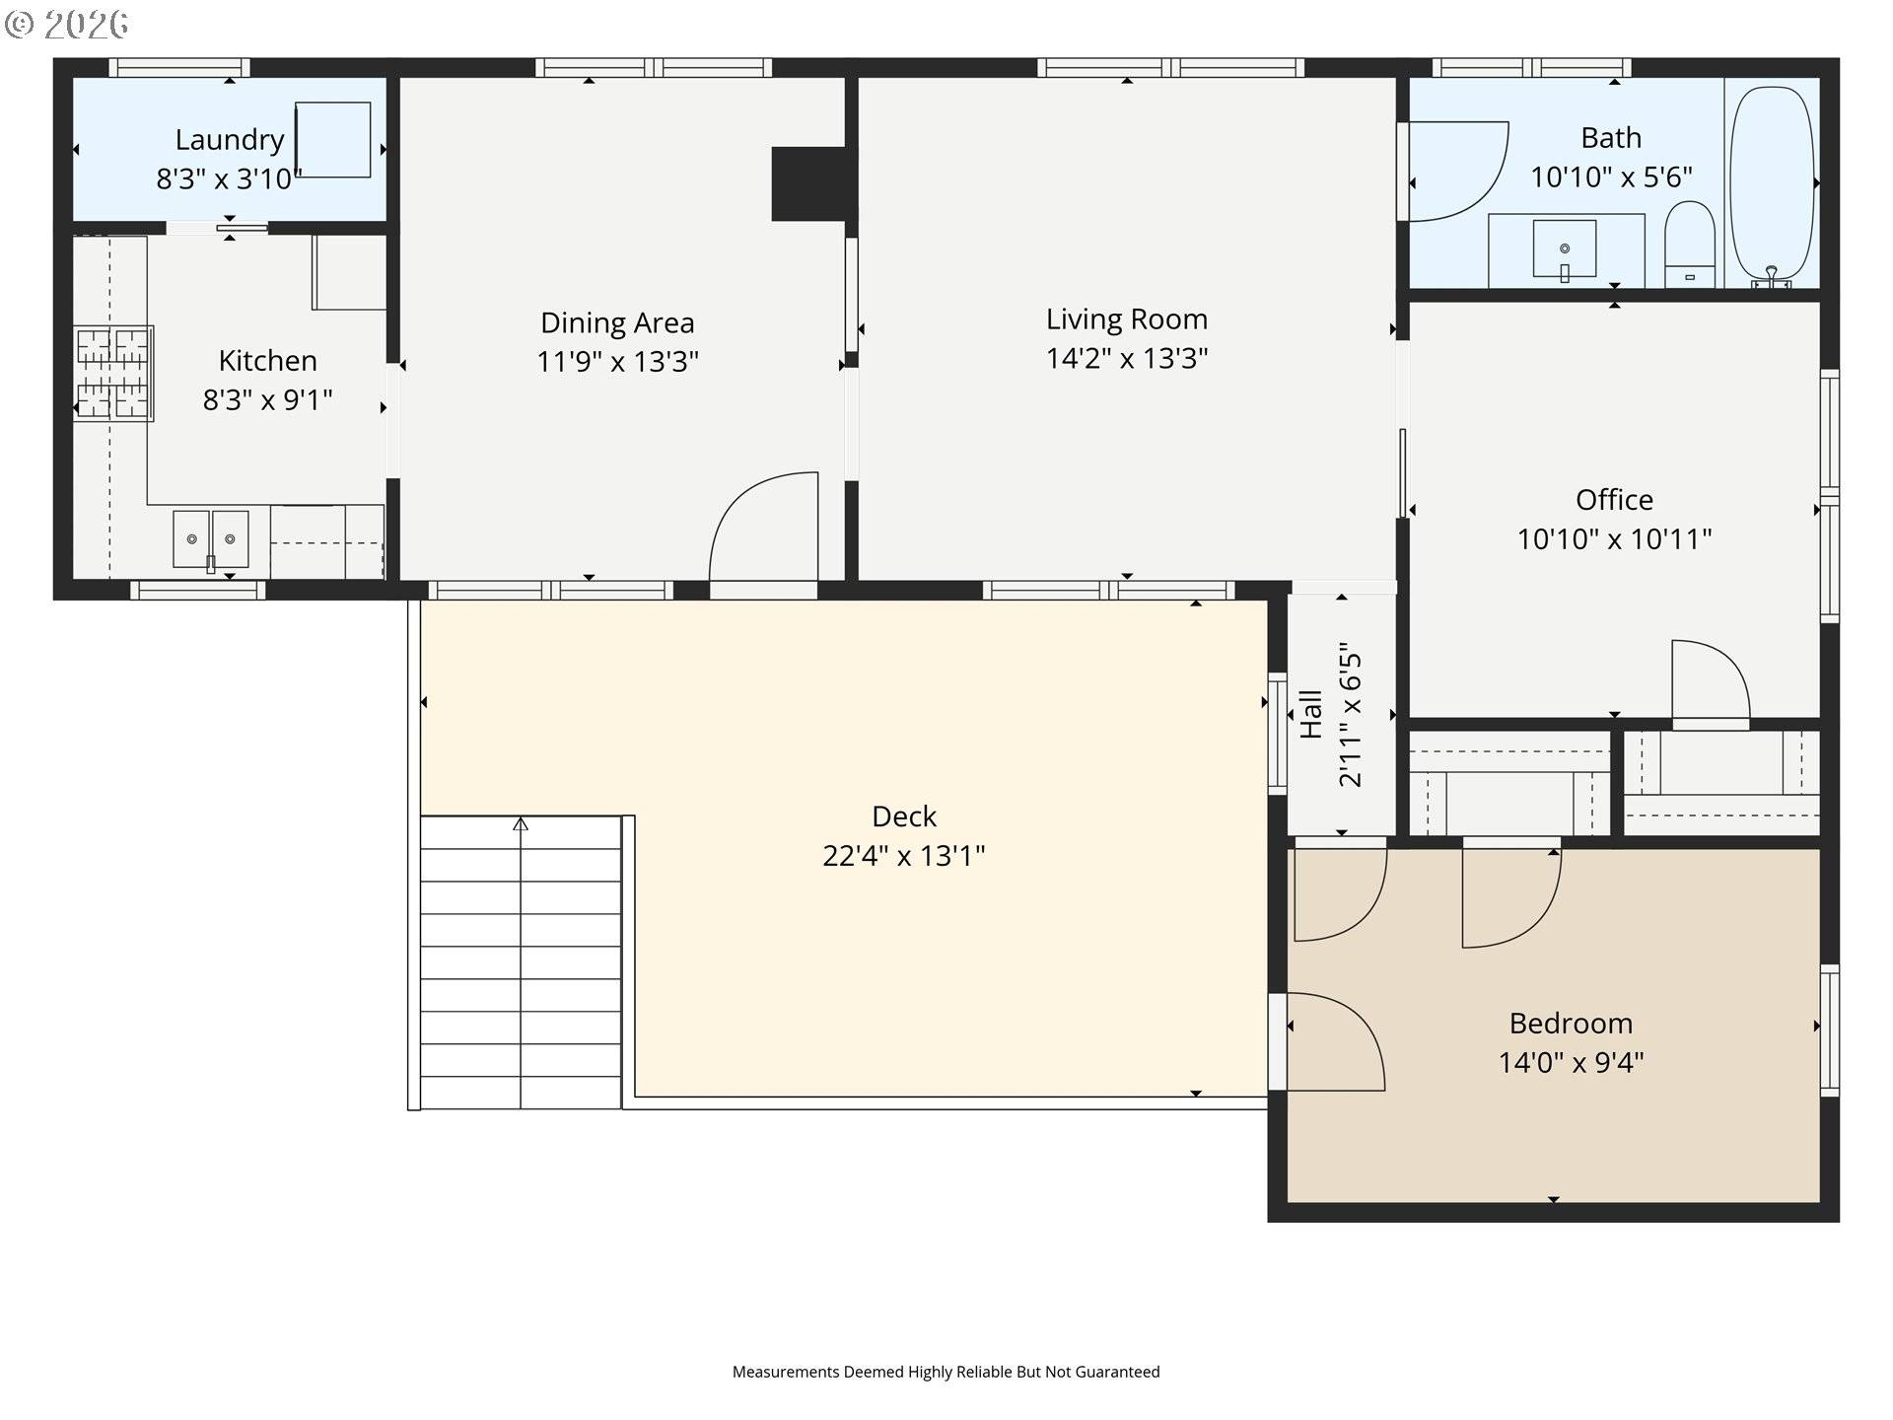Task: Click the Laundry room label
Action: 230,140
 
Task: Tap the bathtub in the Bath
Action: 1773,185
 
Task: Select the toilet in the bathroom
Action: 1689,245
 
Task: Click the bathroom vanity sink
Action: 1565,248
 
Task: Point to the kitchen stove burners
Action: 112,373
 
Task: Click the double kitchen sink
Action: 210,538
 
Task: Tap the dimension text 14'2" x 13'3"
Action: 1126,358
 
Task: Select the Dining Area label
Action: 617,322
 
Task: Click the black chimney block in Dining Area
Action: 808,183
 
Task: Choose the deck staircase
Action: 521,961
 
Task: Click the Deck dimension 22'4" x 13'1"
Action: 903,855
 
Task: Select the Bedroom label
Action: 1571,1023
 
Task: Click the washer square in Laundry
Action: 333,140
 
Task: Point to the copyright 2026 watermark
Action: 67,24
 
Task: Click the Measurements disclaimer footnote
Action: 946,1372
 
